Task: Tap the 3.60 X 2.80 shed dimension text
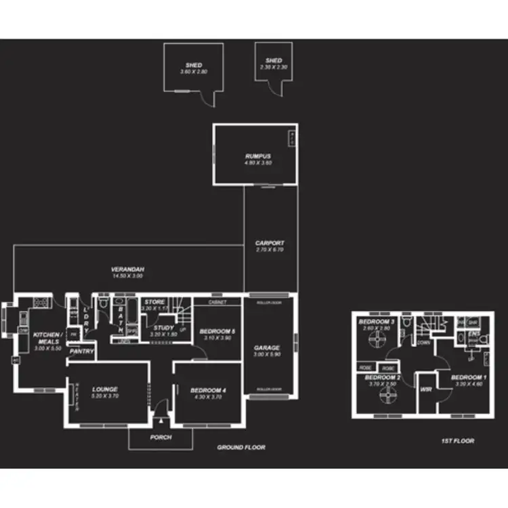pos(194,72)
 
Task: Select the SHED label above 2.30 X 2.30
pos(274,61)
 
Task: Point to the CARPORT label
pos(270,242)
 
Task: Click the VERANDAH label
pos(127,270)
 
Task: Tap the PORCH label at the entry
pos(161,438)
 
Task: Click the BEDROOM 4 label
pos(207,389)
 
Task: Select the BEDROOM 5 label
pos(217,331)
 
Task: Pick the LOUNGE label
pos(104,389)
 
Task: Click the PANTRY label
pos(82,352)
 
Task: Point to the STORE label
pos(154,302)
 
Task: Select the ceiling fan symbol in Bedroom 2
pos(389,398)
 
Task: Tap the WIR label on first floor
pos(426,390)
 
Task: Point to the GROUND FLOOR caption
pos(241,448)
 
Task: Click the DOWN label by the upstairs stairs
pos(423,343)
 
